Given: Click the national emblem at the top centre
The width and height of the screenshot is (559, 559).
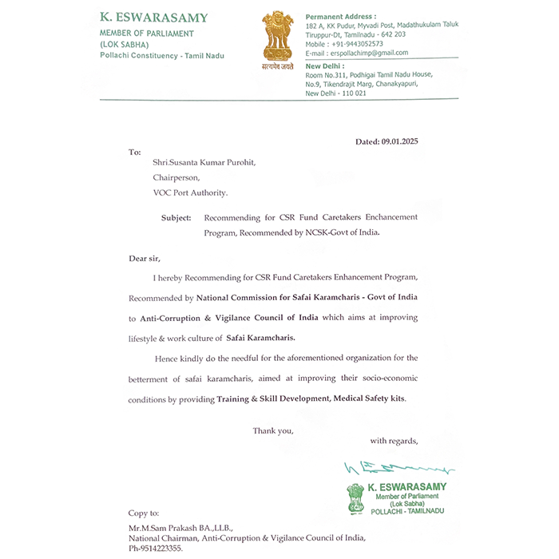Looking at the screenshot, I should point(278,38).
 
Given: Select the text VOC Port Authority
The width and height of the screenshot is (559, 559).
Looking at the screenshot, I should point(190,192).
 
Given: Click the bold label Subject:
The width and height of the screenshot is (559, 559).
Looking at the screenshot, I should point(176,217).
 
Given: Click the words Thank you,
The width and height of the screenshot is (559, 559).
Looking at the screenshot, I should point(273,430).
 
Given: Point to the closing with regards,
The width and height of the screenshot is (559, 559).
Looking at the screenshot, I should point(394,441).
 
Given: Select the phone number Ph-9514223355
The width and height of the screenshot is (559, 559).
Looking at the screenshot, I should point(156,549).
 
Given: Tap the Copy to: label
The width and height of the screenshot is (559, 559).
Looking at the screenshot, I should point(144,513).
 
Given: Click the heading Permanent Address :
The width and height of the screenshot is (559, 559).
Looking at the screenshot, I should point(341,16).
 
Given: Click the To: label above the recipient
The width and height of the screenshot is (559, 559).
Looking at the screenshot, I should point(135,151).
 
